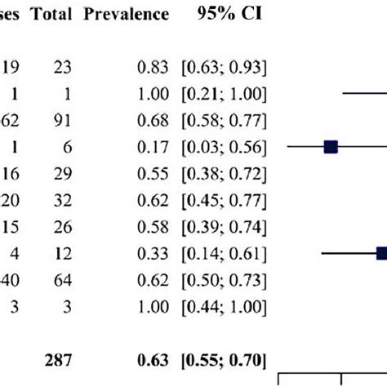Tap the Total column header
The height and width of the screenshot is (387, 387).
click(x=54, y=15)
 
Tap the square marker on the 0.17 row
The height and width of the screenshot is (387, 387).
click(x=331, y=147)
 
